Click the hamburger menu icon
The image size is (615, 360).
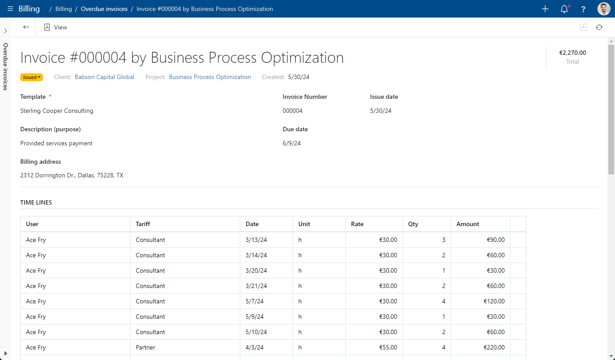click(10, 9)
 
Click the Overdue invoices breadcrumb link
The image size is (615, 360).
click(104, 9)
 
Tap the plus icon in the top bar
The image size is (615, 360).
click(545, 9)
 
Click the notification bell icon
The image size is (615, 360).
click(564, 9)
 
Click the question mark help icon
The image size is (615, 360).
click(583, 9)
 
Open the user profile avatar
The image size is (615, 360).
click(604, 9)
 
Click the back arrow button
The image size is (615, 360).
click(26, 27)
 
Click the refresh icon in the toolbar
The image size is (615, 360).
click(599, 27)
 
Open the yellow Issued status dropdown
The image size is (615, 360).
click(32, 77)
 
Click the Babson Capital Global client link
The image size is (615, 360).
click(105, 77)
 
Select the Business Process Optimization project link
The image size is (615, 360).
click(210, 77)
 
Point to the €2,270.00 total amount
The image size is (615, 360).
click(572, 53)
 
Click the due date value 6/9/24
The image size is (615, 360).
click(292, 143)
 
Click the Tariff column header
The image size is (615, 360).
click(143, 224)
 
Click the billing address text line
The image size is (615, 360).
click(72, 175)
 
